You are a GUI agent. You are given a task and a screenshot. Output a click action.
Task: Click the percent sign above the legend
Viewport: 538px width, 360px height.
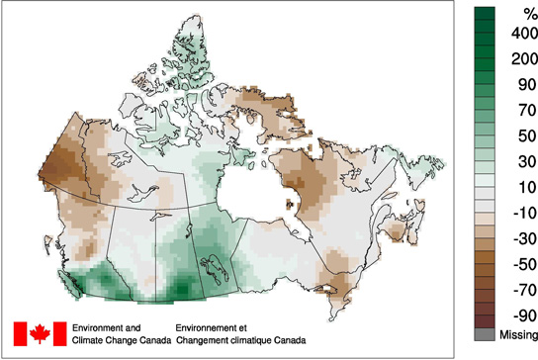(516, 13)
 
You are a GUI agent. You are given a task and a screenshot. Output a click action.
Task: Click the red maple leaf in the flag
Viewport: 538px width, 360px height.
(41, 333)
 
